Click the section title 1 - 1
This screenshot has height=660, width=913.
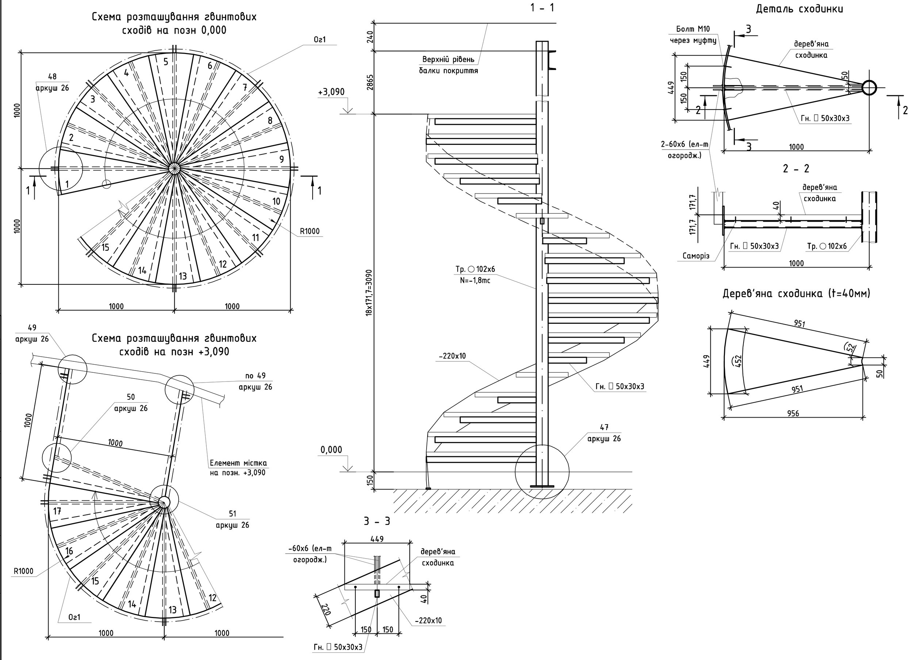click(x=542, y=8)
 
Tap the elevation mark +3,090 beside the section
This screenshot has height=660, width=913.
click(x=331, y=92)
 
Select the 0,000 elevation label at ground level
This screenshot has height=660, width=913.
click(x=331, y=449)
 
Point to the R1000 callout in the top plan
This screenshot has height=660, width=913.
click(x=309, y=231)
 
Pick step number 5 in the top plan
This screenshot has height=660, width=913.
click(x=165, y=62)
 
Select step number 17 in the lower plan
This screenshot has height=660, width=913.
click(x=57, y=511)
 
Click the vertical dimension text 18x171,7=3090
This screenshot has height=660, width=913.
click(x=369, y=292)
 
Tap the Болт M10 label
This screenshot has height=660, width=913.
click(x=693, y=28)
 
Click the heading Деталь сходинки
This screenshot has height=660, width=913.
click(x=799, y=9)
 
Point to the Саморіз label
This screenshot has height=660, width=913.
click(x=696, y=256)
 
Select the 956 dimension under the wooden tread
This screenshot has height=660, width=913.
click(x=792, y=413)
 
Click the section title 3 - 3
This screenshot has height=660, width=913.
click(x=377, y=522)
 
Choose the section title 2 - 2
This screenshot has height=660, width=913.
click(x=796, y=169)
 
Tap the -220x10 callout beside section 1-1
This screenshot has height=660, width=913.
click(x=452, y=356)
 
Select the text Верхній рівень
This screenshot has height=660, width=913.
click(x=448, y=60)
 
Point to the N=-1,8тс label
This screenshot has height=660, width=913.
click(x=475, y=280)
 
